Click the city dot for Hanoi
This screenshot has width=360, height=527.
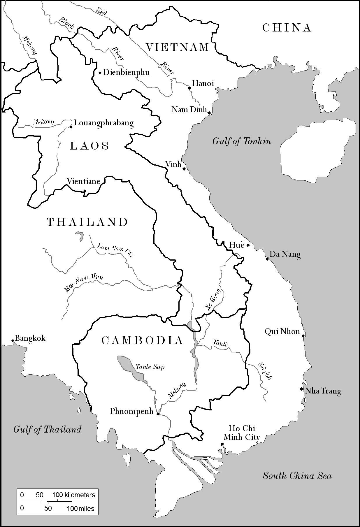point(189,88)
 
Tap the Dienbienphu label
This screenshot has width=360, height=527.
point(126,72)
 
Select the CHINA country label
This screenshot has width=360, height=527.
point(287,28)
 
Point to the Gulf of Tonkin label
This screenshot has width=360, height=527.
point(241,141)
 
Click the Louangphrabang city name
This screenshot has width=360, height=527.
point(104,123)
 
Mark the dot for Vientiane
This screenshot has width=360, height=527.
point(85,191)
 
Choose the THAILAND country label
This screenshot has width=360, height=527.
point(87,222)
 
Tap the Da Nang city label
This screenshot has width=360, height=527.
point(285,254)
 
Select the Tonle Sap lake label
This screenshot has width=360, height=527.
point(150,367)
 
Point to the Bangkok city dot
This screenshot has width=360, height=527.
point(13,340)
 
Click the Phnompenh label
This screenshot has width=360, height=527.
point(132,411)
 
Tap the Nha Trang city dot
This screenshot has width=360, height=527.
point(301,389)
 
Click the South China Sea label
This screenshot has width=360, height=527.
point(297,476)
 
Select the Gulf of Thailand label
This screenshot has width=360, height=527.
point(47,429)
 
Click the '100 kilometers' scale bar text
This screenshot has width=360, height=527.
point(74,495)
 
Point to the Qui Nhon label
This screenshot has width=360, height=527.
point(282,331)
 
